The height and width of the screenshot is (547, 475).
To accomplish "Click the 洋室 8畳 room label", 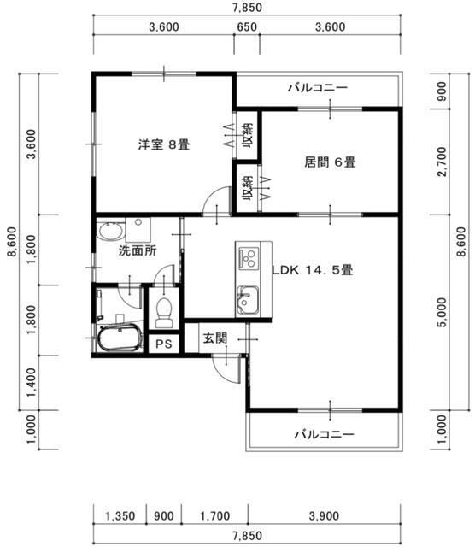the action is tap(164, 144).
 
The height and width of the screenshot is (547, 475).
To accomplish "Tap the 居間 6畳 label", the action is tap(330, 162).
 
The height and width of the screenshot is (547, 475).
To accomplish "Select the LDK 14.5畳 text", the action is tap(313, 270).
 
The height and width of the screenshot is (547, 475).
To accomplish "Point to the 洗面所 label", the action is tap(138, 250).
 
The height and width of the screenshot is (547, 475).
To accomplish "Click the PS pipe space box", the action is tap(164, 344).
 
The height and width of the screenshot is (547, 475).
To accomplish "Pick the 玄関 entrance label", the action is tap(215, 338).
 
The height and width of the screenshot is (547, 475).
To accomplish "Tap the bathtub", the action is tap(120, 338).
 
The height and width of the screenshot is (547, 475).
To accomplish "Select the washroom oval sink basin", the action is tap(111, 232).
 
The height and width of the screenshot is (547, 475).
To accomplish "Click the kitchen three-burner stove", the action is tap(249, 258).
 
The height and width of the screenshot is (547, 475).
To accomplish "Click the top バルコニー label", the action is tap(318, 87).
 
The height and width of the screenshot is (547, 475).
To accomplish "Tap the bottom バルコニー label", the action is tap(325, 434).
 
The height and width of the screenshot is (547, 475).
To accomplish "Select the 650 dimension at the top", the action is tap(247, 27).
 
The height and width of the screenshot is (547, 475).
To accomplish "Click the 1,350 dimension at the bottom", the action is tap(120, 516).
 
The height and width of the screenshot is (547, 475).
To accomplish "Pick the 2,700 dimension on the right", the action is tap(442, 162).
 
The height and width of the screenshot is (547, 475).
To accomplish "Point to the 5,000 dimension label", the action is tap(442, 312).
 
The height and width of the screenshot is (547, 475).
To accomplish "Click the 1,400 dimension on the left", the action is tap(32, 382).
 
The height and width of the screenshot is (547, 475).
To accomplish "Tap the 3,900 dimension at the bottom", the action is tap(324, 516).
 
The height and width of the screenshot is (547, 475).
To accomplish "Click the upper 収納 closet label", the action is tap(248, 135).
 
